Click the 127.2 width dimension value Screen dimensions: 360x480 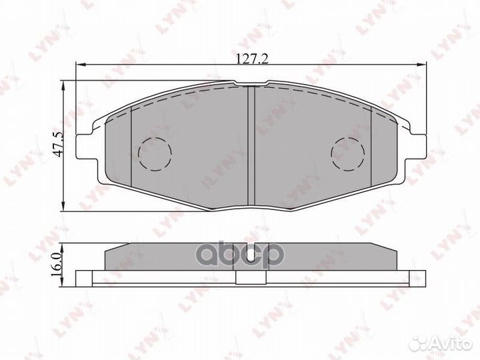point(251,59)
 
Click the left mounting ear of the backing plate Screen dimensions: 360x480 point(85,146)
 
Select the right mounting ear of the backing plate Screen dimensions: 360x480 point(417,146)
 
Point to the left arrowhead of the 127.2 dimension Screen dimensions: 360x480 point(79,65)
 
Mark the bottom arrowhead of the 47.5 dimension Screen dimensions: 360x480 point(63,208)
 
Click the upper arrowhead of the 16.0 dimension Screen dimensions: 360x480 point(63,244)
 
